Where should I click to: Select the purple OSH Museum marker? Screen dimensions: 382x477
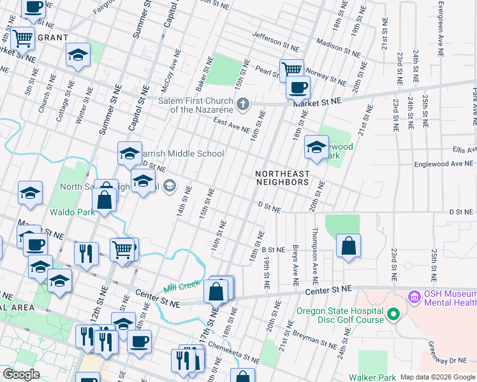(x=414, y=297)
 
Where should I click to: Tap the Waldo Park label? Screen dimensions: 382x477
(x=71, y=212)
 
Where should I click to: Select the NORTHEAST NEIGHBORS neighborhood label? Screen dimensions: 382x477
(x=282, y=178)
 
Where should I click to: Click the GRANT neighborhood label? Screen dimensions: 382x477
(x=52, y=38)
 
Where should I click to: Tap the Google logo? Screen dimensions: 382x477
(x=22, y=374)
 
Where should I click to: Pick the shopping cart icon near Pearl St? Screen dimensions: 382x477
(x=292, y=69)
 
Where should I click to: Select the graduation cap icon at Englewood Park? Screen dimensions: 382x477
(x=316, y=148)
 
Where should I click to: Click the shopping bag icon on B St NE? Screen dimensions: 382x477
(x=348, y=246)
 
